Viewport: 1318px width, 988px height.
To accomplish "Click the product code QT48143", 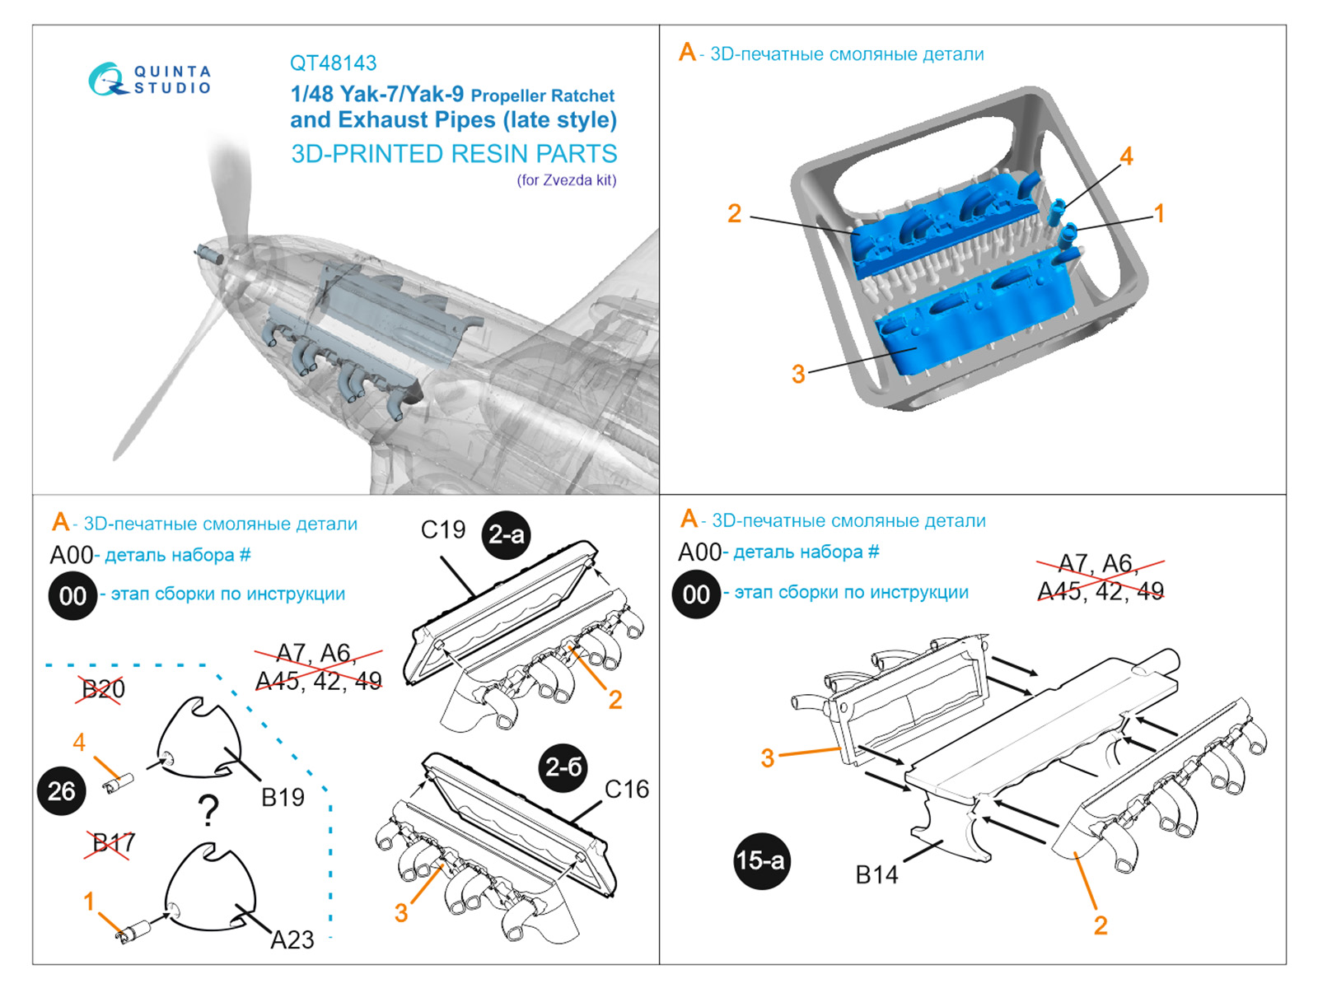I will click(333, 63).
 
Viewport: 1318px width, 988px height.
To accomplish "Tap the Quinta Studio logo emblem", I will click(106, 80).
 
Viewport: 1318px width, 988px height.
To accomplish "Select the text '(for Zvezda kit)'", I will click(567, 180).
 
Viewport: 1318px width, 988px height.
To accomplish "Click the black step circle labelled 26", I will click(62, 791).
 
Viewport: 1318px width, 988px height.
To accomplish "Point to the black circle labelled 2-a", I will click(506, 535).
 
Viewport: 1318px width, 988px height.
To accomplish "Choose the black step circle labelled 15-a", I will click(760, 861).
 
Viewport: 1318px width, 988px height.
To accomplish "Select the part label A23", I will click(292, 939).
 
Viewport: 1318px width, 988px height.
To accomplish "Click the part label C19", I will click(443, 530).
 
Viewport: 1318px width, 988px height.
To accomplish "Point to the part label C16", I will click(626, 790).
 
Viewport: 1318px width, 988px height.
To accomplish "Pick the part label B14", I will click(876, 875).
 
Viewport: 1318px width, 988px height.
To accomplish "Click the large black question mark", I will click(209, 812).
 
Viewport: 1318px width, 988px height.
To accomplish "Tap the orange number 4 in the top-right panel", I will click(1126, 156).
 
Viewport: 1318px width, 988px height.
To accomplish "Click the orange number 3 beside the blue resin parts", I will click(797, 375).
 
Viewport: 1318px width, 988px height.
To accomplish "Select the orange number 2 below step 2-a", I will click(615, 700).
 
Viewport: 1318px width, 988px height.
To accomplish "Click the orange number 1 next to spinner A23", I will click(89, 902).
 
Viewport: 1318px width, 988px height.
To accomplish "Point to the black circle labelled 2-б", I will click(563, 767).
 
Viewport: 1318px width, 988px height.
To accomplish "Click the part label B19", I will click(283, 797).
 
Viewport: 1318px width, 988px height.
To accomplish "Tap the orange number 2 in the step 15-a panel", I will click(1100, 925).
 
